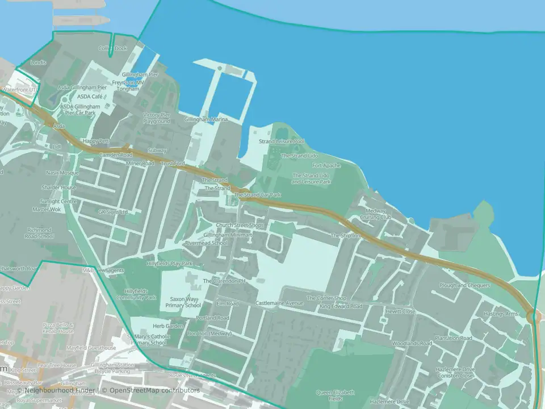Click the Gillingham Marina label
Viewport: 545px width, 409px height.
[206, 119]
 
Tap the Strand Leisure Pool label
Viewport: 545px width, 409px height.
[282, 141]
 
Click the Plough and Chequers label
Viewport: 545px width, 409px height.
[464, 285]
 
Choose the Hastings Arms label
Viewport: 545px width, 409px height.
[500, 314]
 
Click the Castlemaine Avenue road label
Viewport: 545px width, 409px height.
[279, 303]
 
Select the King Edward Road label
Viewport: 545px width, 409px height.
[341, 306]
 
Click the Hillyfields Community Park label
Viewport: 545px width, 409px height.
[140, 294]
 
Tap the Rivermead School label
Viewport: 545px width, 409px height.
[206, 243]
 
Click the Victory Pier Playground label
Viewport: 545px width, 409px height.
[157, 118]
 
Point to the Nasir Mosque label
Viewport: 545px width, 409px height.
[62, 172]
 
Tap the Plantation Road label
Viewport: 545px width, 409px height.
[454, 338]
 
